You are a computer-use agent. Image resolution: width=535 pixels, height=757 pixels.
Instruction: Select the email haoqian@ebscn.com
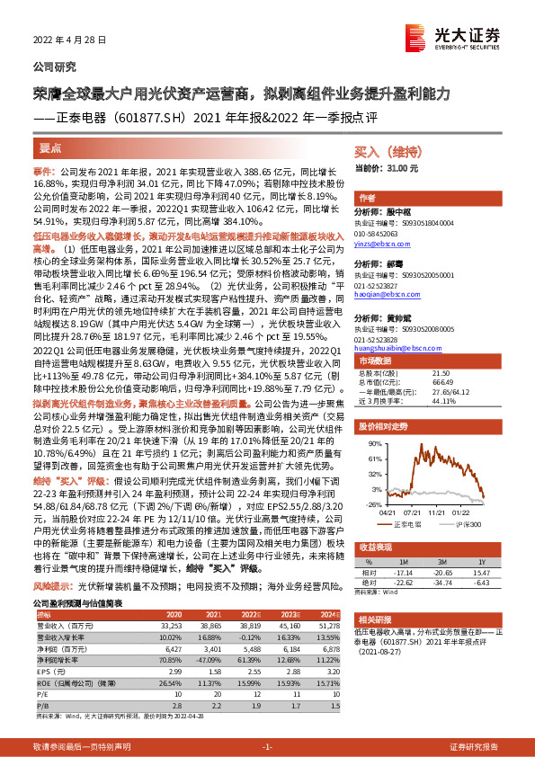coord(379,293)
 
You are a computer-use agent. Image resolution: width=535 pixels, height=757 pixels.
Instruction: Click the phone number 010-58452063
coord(379,233)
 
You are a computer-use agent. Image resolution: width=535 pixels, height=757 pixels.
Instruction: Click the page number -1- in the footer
coord(267,746)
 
